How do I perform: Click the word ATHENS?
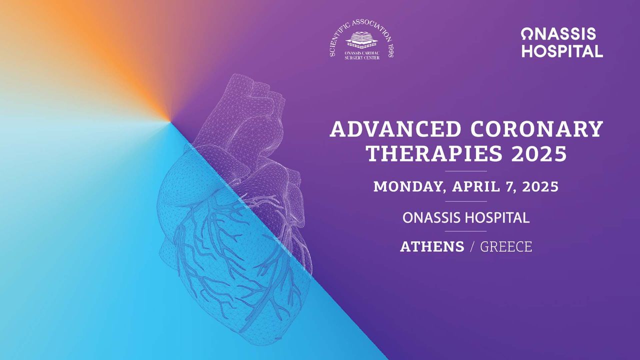(432, 246)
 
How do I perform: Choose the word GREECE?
(506, 246)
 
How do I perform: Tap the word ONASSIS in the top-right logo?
(558, 34)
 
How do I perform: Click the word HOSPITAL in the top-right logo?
(562, 51)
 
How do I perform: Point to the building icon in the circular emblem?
(362, 40)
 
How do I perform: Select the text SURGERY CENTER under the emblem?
(362, 57)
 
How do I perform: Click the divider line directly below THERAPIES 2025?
(465, 171)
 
